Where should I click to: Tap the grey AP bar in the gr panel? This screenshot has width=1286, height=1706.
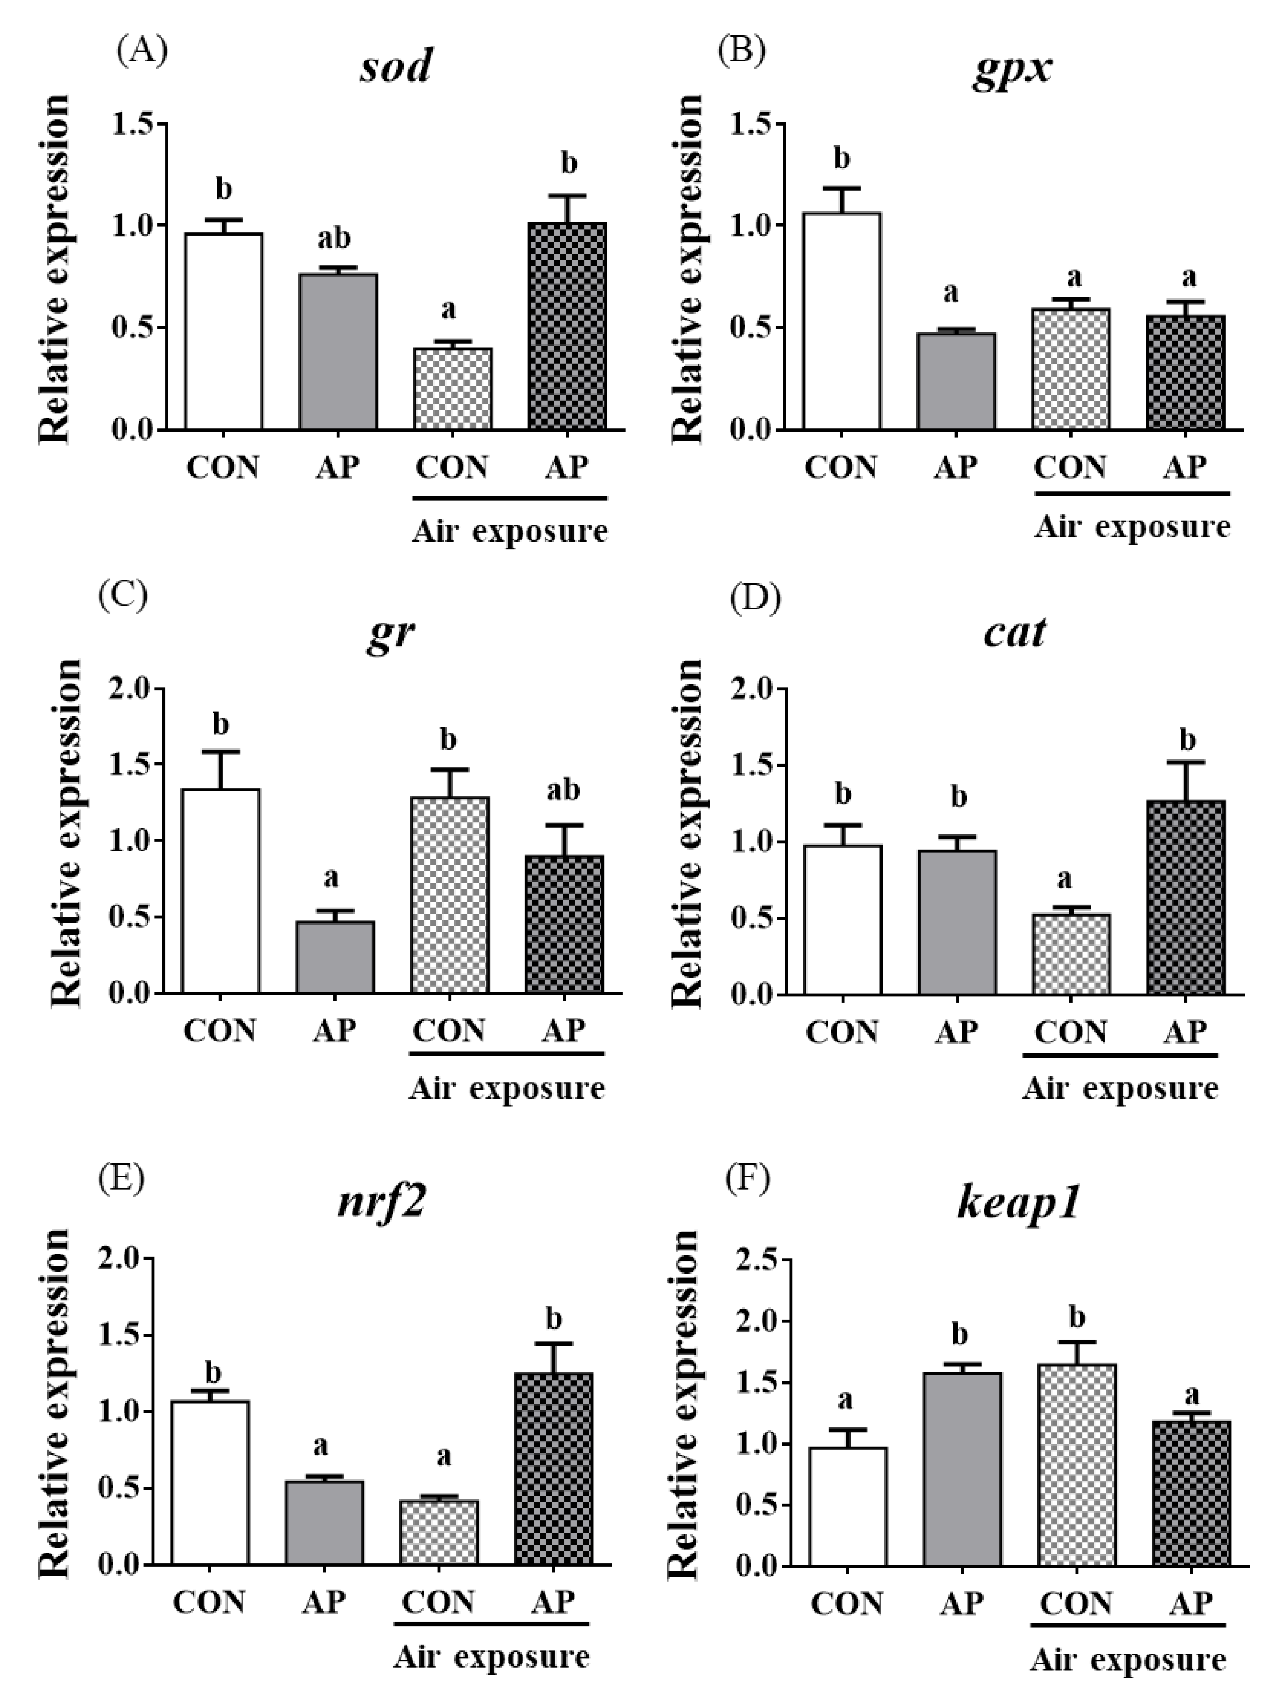335,956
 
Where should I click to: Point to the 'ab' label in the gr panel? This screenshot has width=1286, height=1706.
563,790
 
